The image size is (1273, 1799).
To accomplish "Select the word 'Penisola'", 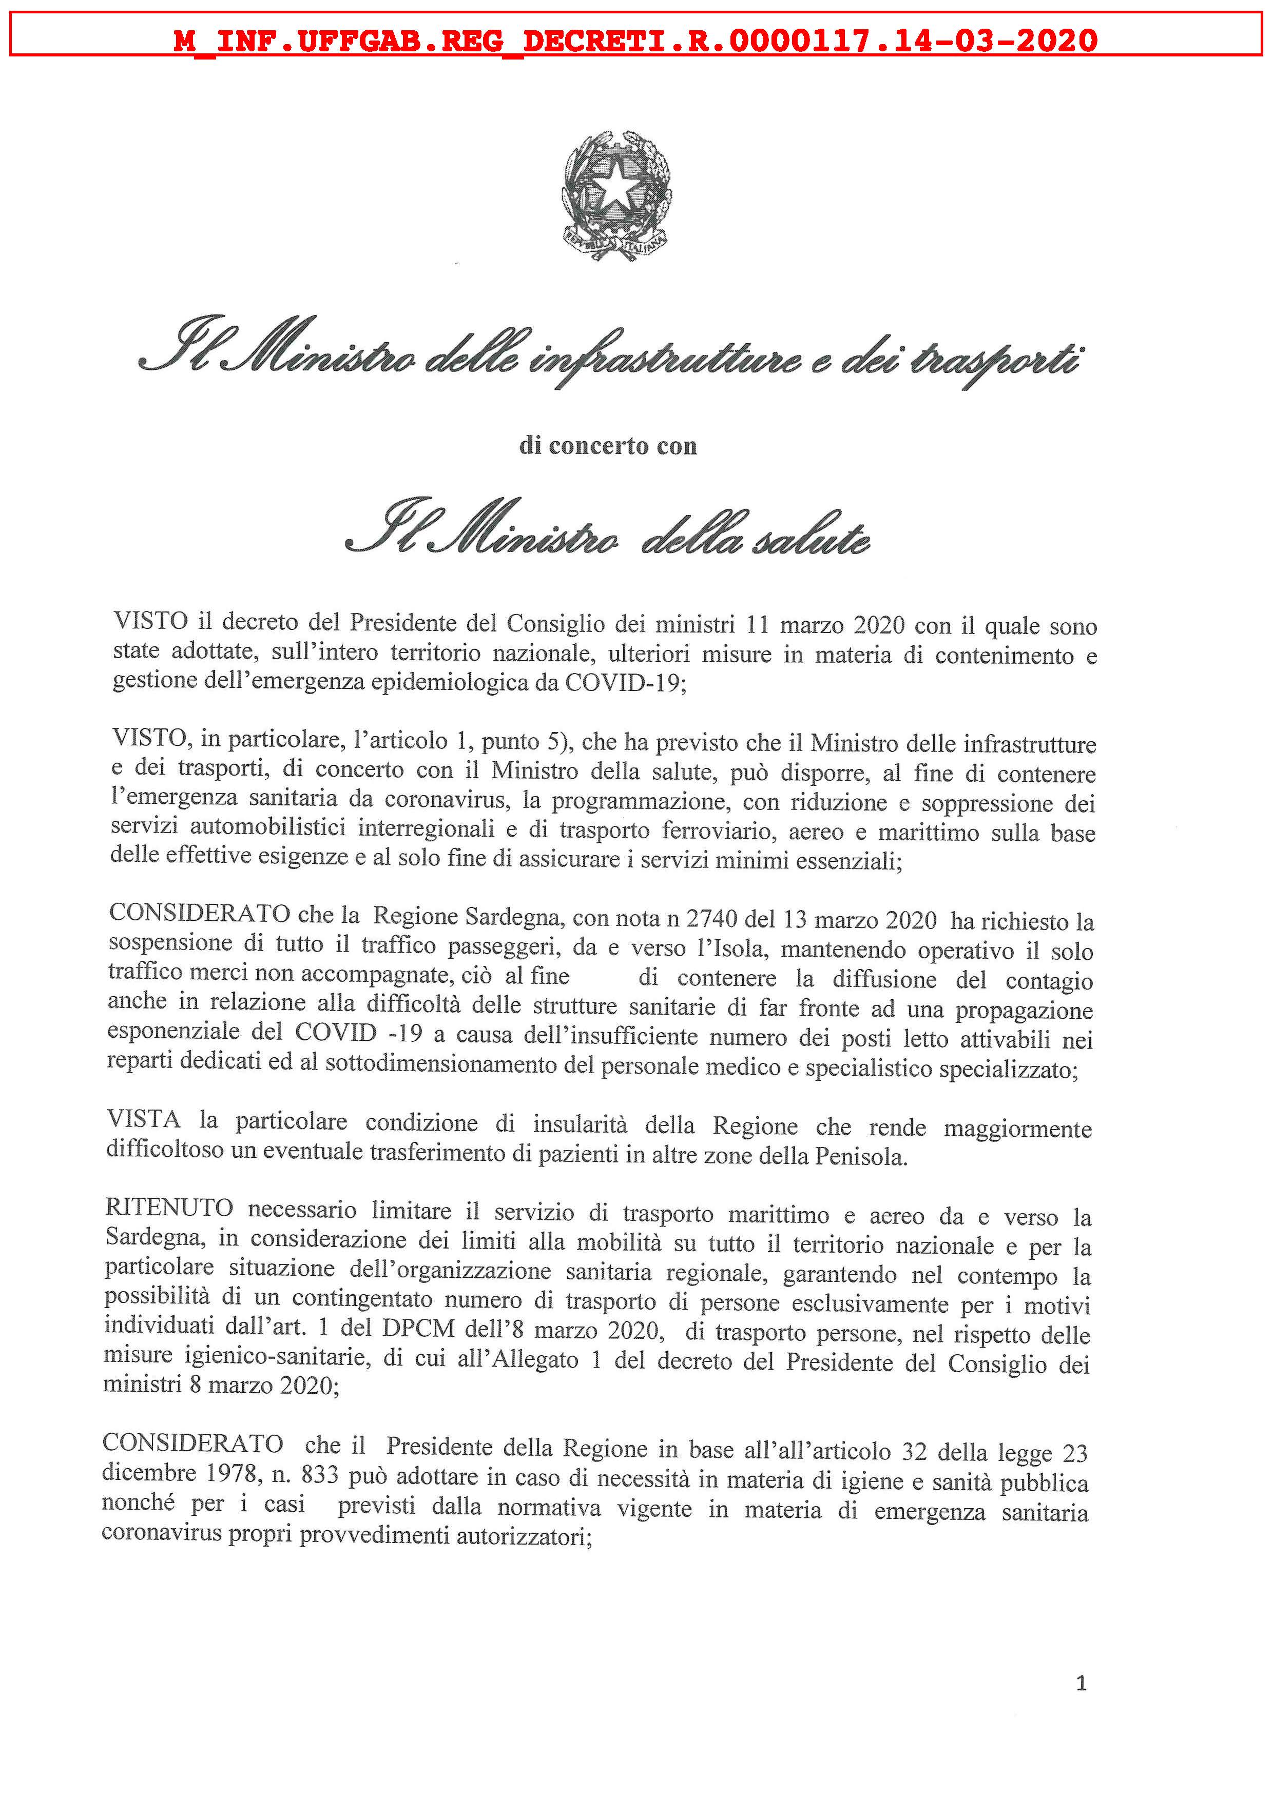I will tap(861, 1156).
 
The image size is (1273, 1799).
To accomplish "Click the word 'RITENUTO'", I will tap(169, 1208).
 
